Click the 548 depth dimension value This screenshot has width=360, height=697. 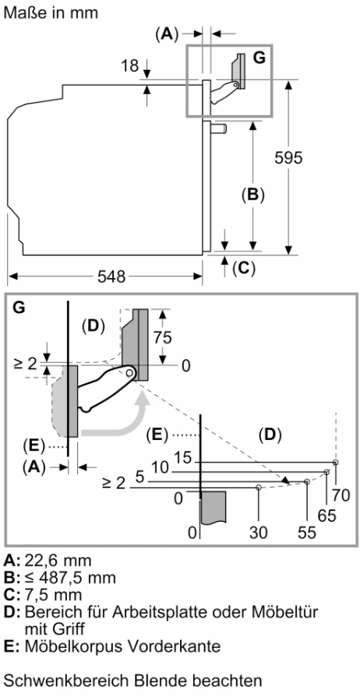[x=111, y=277]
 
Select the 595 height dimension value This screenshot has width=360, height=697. [x=288, y=158]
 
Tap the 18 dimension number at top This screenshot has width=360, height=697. [x=129, y=66]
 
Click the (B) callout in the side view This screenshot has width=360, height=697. [x=252, y=195]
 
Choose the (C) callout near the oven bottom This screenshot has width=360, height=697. [x=244, y=268]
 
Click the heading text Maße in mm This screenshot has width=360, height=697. [x=51, y=12]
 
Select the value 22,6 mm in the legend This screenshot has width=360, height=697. [x=58, y=561]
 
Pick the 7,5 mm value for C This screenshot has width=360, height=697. [x=54, y=594]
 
